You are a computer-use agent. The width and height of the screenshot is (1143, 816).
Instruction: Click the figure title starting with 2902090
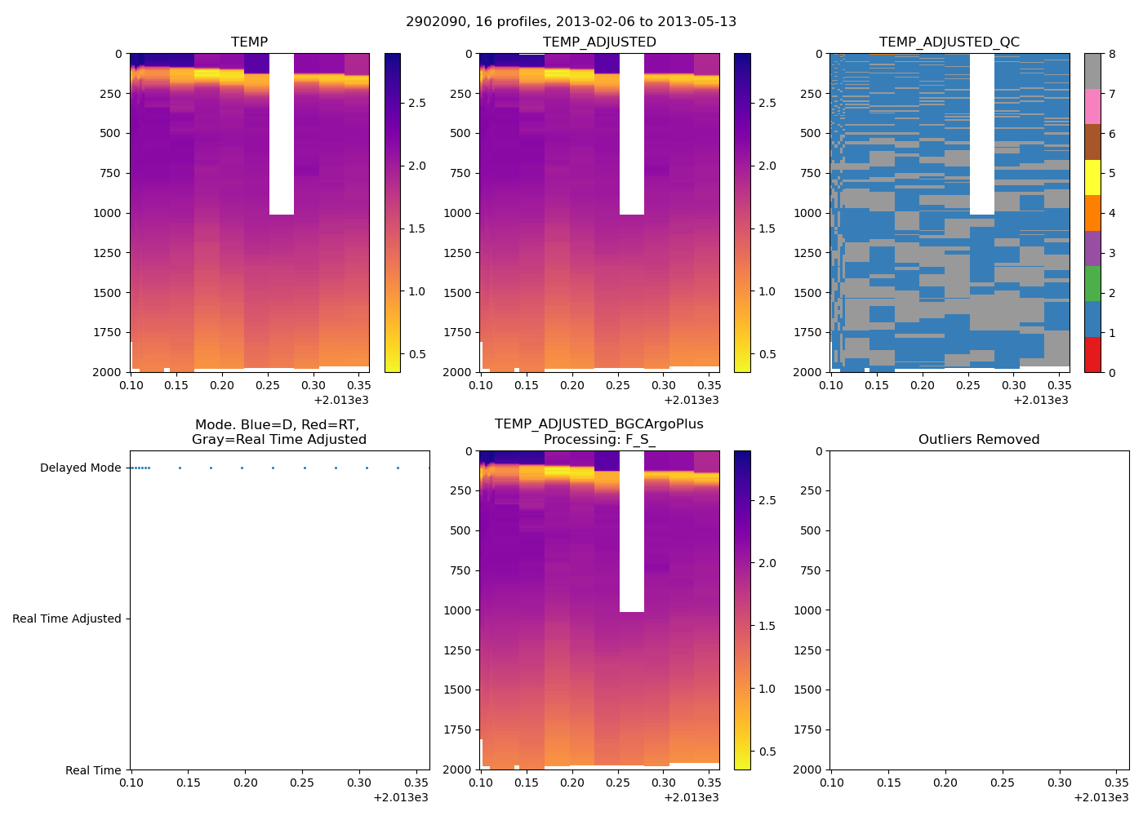571,21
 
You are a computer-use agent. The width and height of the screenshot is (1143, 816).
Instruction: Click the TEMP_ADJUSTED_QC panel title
949,42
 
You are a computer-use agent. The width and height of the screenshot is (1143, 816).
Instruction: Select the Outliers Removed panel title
978,439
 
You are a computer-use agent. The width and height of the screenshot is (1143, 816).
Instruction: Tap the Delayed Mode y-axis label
80,468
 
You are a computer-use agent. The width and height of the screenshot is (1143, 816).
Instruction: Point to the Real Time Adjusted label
66,619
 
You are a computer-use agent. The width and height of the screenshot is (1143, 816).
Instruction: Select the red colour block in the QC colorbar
1092,354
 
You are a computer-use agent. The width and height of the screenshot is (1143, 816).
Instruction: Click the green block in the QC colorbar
1092,283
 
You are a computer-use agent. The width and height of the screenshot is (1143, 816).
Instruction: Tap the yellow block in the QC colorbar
1092,177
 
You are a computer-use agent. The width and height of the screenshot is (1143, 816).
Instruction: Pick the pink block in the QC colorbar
1092,106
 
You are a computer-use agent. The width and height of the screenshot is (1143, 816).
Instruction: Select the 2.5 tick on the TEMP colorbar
416,103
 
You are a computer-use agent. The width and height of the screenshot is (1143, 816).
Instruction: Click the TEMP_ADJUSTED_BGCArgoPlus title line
598,424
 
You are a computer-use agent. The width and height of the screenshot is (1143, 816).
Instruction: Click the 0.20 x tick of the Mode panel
245,783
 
